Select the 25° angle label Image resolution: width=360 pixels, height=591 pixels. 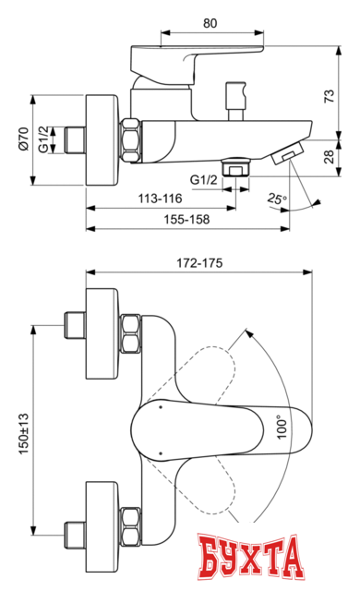[x=278, y=198]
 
